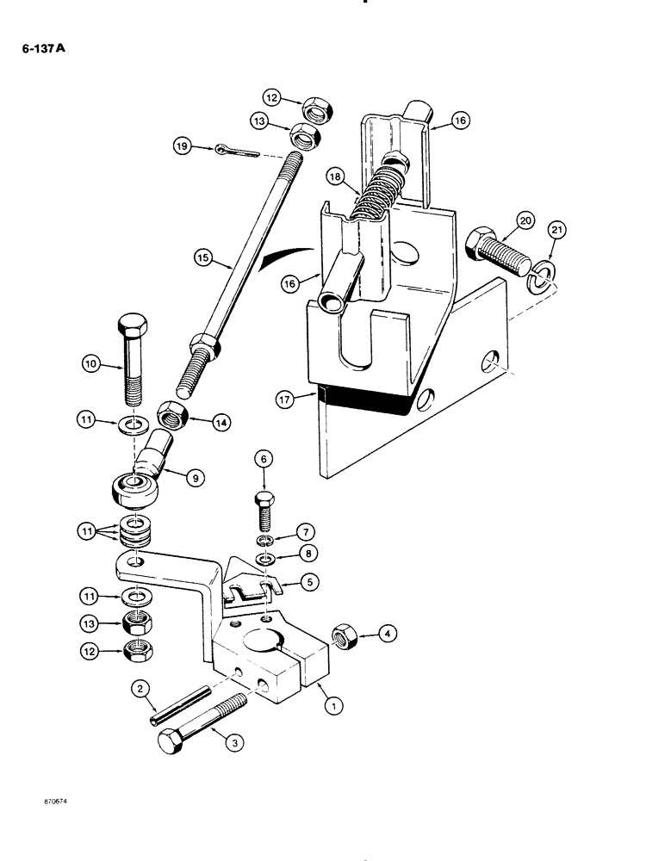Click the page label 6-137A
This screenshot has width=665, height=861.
pos(43,49)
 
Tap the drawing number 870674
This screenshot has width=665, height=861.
pos(47,800)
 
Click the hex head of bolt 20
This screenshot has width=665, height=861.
pos(478,235)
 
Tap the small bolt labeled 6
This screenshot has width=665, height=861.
pos(264,516)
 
